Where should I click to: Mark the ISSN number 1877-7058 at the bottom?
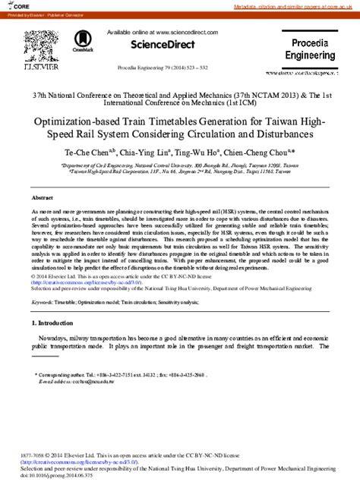(33, 454)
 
